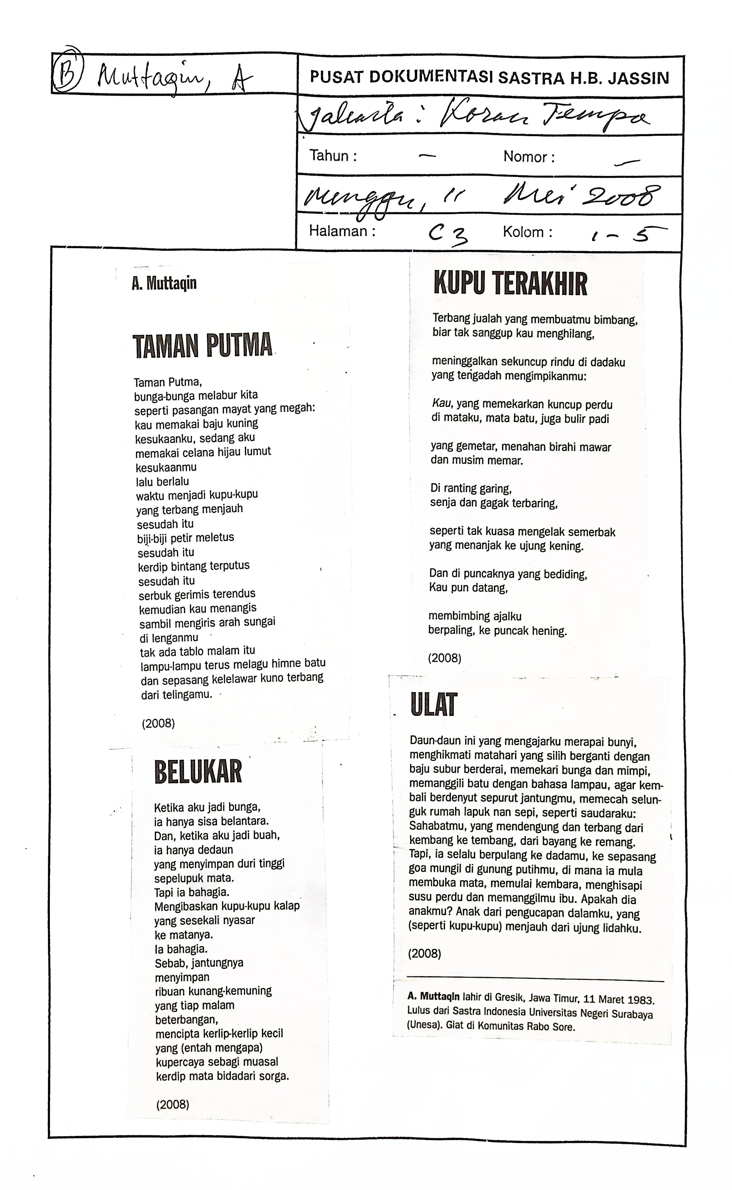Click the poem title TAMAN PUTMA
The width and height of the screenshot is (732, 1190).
pyautogui.click(x=202, y=345)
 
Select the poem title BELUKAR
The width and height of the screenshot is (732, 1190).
pyautogui.click(x=198, y=772)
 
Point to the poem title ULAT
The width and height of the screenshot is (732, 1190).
pyautogui.click(x=434, y=705)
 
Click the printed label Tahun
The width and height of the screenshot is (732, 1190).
pyautogui.click(x=333, y=156)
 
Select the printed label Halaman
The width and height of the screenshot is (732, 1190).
pyautogui.click(x=342, y=231)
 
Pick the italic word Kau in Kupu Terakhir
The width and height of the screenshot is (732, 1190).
pyautogui.click(x=441, y=403)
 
